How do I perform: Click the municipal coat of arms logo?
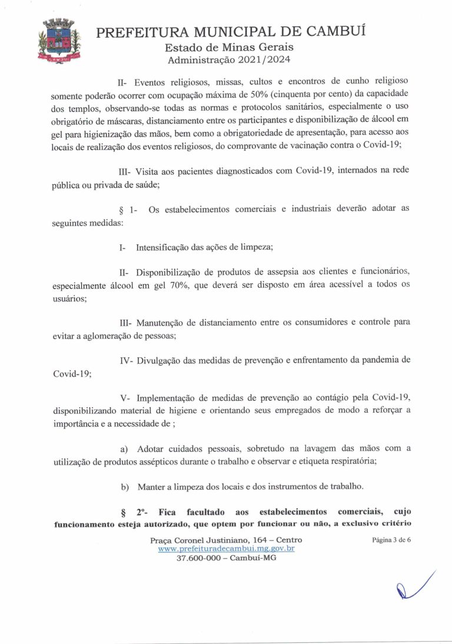(59, 41)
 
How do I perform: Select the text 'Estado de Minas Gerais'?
(229, 47)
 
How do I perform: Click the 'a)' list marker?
(124, 449)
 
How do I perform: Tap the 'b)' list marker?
(125, 487)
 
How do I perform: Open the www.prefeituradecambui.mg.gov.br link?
(226, 549)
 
